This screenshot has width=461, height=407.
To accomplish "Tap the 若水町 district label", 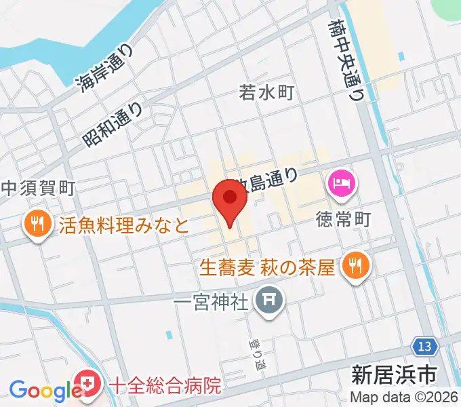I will pyautogui.click(x=266, y=92).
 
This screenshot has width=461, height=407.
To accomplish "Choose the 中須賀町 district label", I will pyautogui.click(x=37, y=188).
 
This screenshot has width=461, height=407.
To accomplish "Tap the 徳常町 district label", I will pyautogui.click(x=344, y=219).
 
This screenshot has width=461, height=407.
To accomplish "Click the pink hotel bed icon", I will pyautogui.click(x=340, y=182).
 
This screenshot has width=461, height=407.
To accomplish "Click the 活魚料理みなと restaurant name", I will pyautogui.click(x=124, y=225).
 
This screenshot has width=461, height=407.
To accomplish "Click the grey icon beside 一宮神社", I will pyautogui.click(x=269, y=299).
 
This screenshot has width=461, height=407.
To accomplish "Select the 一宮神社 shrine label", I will pyautogui.click(x=212, y=301).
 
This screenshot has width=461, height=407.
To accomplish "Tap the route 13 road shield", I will pyautogui.click(x=424, y=347).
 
